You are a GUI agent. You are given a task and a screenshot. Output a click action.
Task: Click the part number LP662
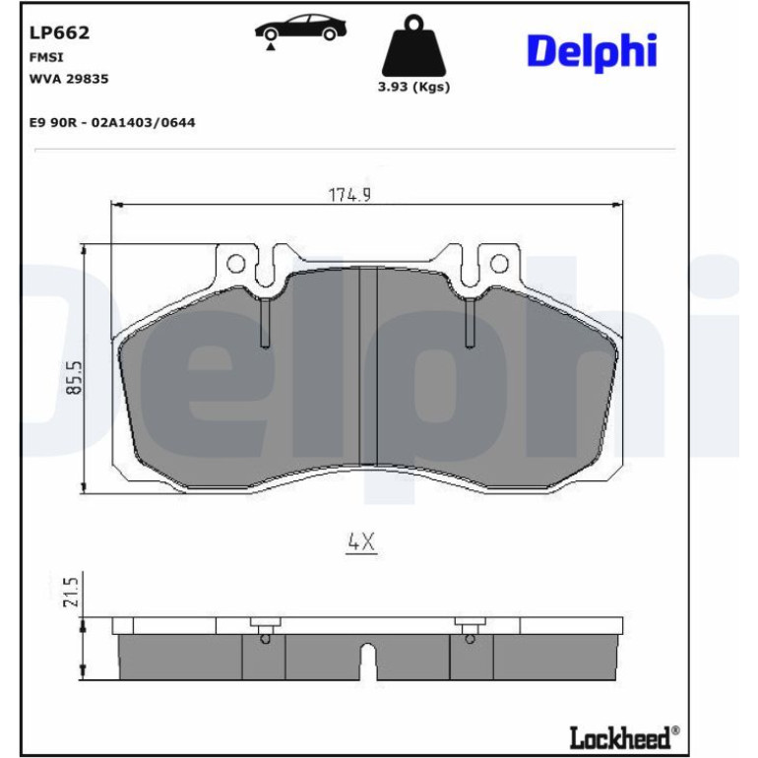pos(59,32)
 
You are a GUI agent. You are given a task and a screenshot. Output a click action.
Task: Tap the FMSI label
pos(46,57)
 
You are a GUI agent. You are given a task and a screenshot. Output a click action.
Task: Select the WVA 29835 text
pos(69,79)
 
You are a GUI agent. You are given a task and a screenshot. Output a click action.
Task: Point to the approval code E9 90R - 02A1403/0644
pos(112,122)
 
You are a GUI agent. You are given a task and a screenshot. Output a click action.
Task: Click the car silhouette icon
pos(300,28)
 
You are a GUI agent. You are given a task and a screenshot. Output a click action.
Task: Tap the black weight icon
pos(413,45)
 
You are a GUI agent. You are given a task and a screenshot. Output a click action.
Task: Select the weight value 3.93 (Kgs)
pos(413,87)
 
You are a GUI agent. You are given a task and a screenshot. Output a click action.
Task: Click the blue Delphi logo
pos(592,51)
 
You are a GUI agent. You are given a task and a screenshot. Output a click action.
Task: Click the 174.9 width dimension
pos(350,195)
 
